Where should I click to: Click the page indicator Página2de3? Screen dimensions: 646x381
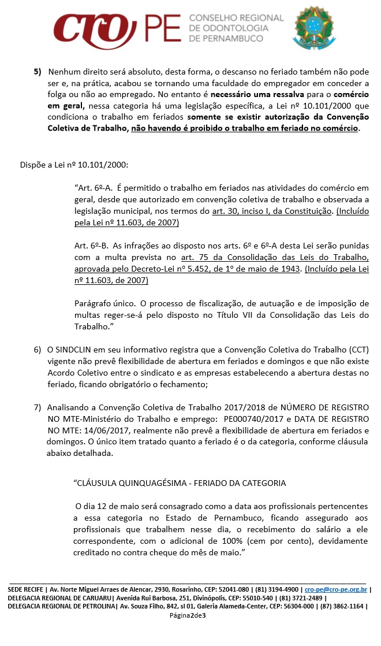click(188, 615)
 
